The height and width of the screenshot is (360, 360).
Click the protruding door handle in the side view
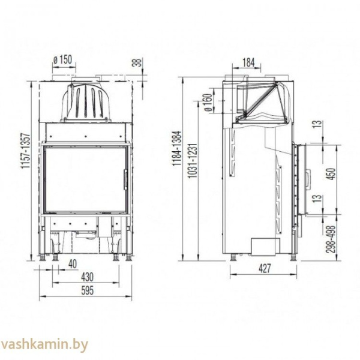(x=308, y=178)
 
